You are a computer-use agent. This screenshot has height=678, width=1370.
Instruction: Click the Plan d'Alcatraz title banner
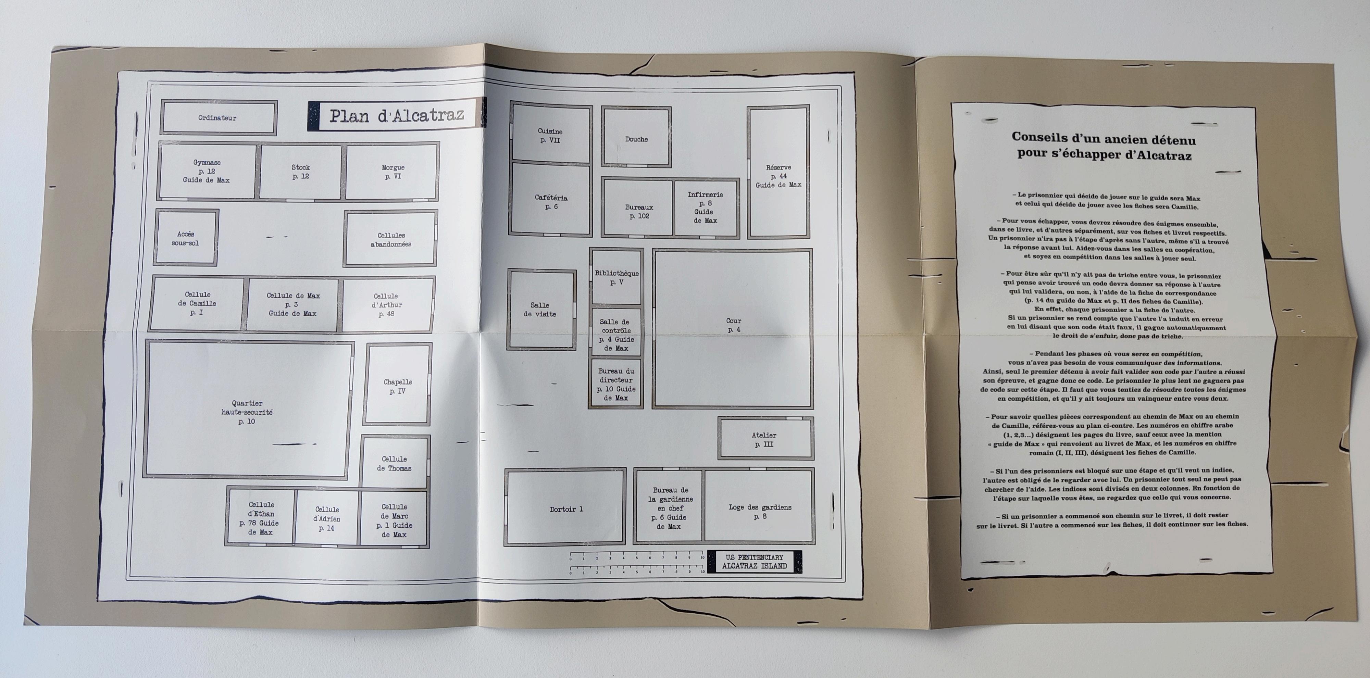click(x=396, y=115)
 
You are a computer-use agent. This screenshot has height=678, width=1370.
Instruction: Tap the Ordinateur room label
click(x=217, y=117)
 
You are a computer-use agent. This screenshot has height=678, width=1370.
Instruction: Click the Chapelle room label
click(x=398, y=386)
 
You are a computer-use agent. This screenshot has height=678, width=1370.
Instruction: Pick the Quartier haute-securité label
click(x=247, y=412)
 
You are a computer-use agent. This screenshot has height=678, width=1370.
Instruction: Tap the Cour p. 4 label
click(x=733, y=325)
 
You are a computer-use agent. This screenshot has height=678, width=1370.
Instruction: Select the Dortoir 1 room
click(x=566, y=509)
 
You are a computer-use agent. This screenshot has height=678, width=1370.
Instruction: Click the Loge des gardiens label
click(x=759, y=511)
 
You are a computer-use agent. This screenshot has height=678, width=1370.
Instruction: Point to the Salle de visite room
click(x=540, y=310)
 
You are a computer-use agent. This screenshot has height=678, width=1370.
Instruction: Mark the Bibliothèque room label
click(x=616, y=277)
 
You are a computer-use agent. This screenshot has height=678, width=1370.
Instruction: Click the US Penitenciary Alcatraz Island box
click(x=754, y=562)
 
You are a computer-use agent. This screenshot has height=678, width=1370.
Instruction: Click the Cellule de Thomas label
click(x=394, y=463)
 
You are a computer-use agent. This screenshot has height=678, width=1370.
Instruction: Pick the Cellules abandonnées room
click(x=391, y=239)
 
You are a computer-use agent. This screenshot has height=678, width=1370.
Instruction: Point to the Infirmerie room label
click(x=705, y=208)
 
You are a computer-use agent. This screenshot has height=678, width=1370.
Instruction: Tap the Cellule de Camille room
click(x=197, y=303)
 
